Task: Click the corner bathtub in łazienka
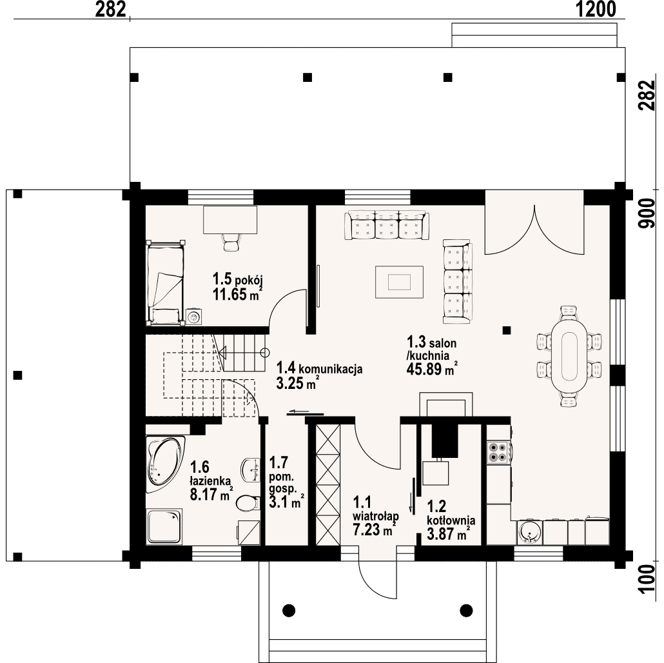pyautogui.click(x=165, y=464)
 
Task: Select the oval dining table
pyautogui.click(x=569, y=356)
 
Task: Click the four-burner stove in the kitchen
pyautogui.click(x=498, y=451)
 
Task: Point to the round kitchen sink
pyautogui.click(x=529, y=532)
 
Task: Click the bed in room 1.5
pyautogui.click(x=165, y=282)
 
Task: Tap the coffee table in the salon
pyautogui.click(x=399, y=282)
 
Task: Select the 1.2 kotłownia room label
pyautogui.click(x=451, y=513)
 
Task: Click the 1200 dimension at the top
pyautogui.click(x=596, y=9)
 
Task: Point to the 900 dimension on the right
pyautogui.click(x=647, y=214)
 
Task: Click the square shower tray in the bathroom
pyautogui.click(x=164, y=526)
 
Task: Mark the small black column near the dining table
pyautogui.click(x=507, y=330)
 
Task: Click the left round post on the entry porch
pyautogui.click(x=289, y=611)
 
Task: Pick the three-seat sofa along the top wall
pyautogui.click(x=387, y=225)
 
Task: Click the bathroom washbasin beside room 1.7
pyautogui.click(x=251, y=470)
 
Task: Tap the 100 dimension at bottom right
pyautogui.click(x=647, y=580)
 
